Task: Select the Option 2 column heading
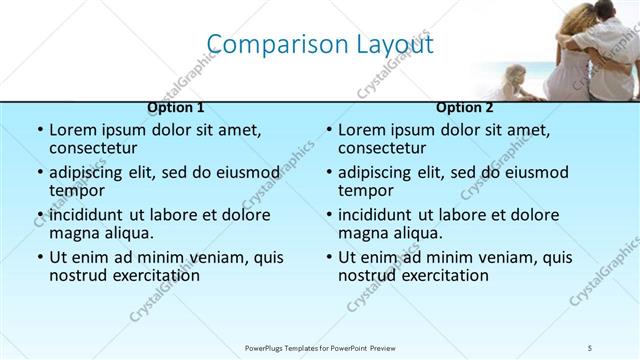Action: tap(464, 107)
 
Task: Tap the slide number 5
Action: tap(591, 347)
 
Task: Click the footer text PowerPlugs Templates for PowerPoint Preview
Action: tap(320, 347)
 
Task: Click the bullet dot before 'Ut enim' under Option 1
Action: tap(40, 257)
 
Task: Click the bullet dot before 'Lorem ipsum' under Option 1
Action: tap(40, 131)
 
